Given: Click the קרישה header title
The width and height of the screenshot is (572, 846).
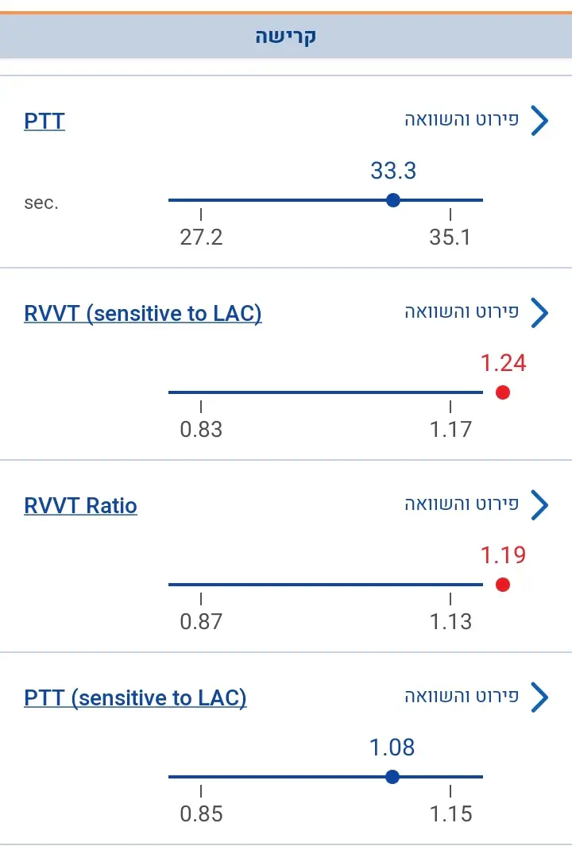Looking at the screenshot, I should [286, 37].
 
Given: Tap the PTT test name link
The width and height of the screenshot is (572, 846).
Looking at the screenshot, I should [44, 122].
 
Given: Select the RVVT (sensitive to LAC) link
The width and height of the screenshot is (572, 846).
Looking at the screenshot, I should [143, 314].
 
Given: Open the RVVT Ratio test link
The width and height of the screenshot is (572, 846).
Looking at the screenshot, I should [80, 506].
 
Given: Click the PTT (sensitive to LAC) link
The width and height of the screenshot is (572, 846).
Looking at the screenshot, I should [135, 698].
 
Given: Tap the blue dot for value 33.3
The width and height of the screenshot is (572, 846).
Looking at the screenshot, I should [392, 200].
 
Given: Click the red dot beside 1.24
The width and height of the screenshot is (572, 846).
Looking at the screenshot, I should [502, 392].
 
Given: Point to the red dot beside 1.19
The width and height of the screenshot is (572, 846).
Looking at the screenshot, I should [502, 585].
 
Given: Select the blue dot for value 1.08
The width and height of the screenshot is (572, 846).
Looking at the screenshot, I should [392, 777].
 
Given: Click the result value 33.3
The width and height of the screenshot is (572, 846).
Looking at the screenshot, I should [393, 171].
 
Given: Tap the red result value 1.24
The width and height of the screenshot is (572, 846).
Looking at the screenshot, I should [503, 363].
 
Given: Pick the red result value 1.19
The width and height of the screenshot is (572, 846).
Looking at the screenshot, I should [503, 555].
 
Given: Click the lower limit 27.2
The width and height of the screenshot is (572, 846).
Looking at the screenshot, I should [201, 238].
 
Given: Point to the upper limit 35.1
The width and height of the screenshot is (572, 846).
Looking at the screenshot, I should [450, 238].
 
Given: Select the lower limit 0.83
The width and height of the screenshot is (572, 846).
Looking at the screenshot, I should [201, 430].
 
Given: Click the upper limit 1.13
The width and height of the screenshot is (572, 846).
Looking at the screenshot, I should [450, 622].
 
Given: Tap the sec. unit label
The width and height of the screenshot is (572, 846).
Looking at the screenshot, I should [41, 203].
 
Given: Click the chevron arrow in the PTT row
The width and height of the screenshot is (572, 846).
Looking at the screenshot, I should [539, 122].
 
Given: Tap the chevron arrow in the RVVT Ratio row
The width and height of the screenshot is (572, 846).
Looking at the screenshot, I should [539, 506].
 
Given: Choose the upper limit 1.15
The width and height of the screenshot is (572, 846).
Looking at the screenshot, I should [450, 814].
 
